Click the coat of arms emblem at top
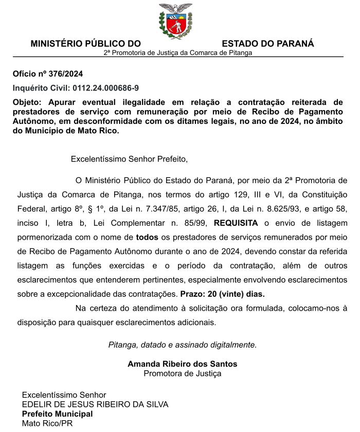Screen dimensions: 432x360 point(175,21)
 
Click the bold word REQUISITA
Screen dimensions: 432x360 point(236,223)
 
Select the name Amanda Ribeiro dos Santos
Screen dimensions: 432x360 point(183,364)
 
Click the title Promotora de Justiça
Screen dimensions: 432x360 point(183,373)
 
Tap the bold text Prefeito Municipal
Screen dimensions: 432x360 point(57,414)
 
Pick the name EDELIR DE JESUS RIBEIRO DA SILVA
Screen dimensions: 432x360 point(95,404)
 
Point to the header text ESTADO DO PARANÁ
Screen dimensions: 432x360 point(268,44)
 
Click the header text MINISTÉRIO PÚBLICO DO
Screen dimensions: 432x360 point(85,44)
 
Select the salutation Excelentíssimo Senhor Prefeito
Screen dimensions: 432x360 point(129,159)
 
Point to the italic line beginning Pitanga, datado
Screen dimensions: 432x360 point(182,345)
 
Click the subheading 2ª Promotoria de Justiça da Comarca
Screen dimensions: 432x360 point(178,53)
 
